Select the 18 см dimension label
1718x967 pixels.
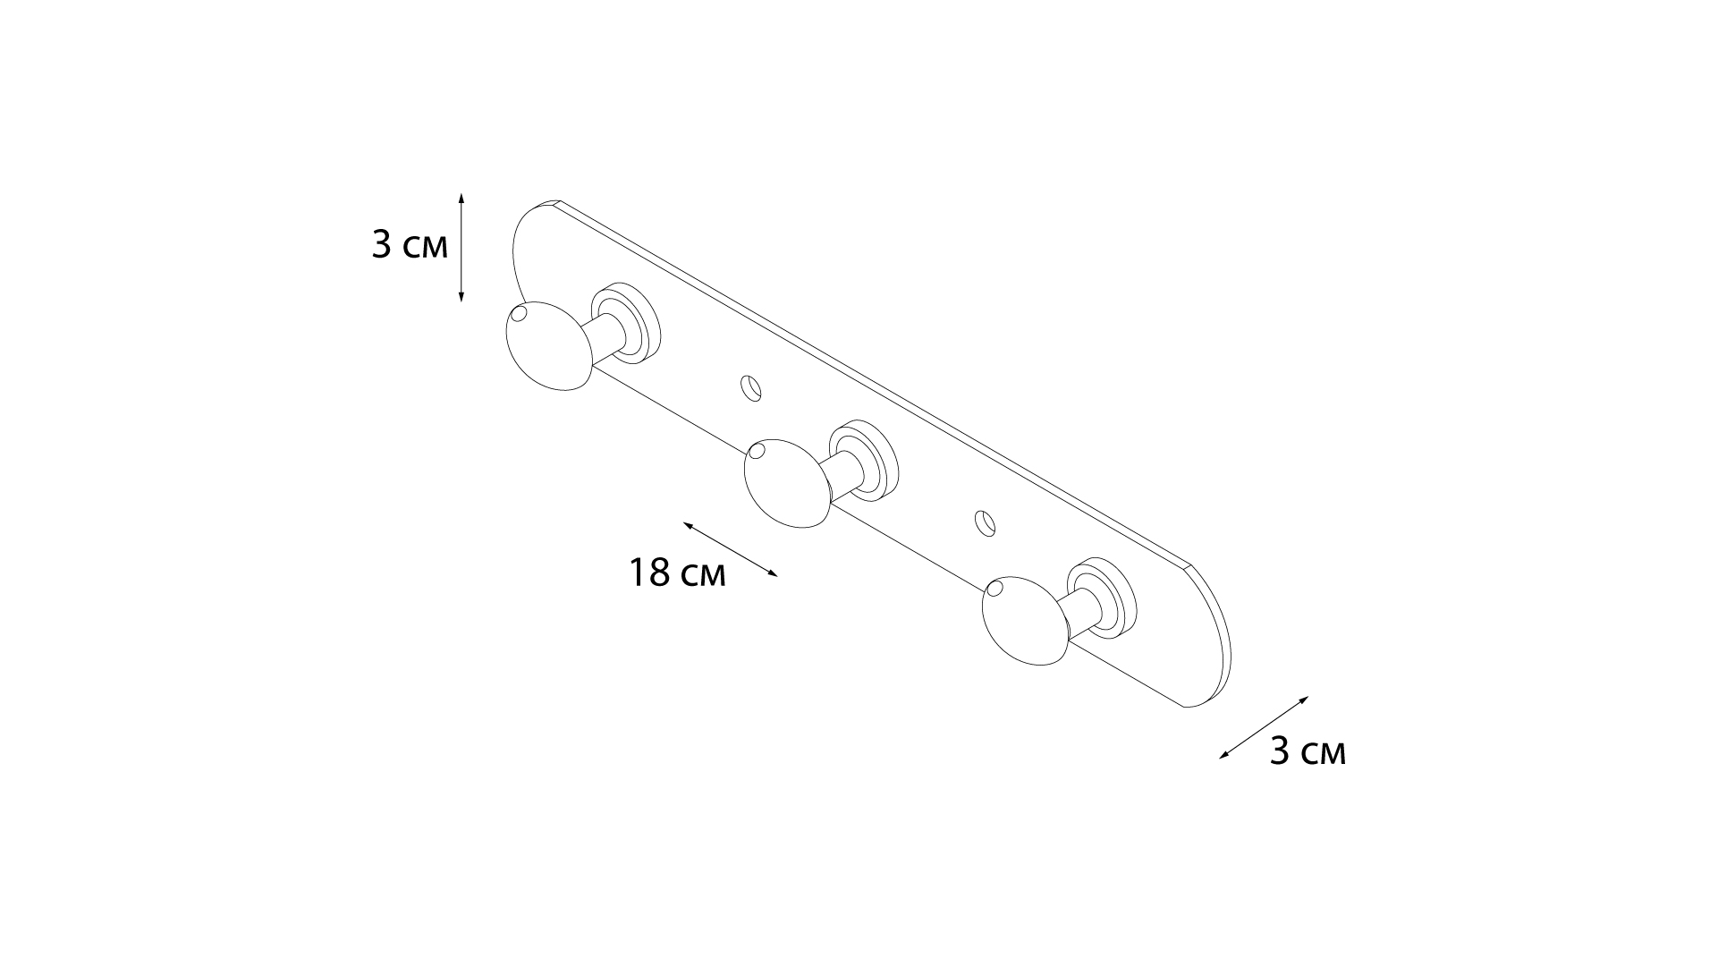677,573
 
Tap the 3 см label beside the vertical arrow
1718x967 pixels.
410,244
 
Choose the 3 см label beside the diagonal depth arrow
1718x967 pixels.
1308,752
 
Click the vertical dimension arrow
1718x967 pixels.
461,247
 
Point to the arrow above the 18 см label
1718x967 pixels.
731,549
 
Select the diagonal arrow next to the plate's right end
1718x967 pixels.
1264,728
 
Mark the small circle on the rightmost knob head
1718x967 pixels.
994,589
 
